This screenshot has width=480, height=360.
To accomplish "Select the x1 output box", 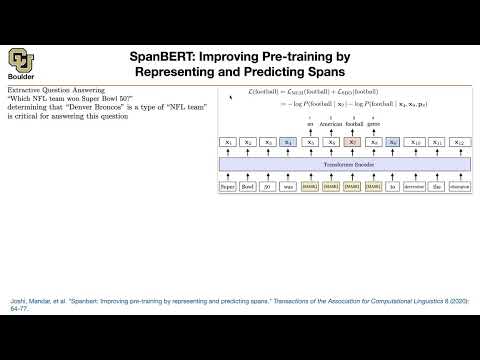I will click(x=229, y=143).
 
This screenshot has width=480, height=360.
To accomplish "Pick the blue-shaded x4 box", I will click(x=288, y=143).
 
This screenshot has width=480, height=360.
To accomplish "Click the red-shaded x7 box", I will click(x=352, y=143).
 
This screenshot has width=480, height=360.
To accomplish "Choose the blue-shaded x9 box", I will click(x=395, y=143).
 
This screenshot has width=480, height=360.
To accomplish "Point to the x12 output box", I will click(x=459, y=143).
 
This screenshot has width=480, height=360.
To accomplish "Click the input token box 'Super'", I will click(x=229, y=186).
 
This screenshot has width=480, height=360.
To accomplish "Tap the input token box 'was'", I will click(x=288, y=186).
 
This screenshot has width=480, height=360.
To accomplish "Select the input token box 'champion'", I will click(x=459, y=186).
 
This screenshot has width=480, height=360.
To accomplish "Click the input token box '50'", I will click(x=267, y=186).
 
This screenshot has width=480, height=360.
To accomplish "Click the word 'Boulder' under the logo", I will click(x=22, y=85).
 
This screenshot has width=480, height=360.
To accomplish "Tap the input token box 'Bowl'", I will click(x=248, y=186).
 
